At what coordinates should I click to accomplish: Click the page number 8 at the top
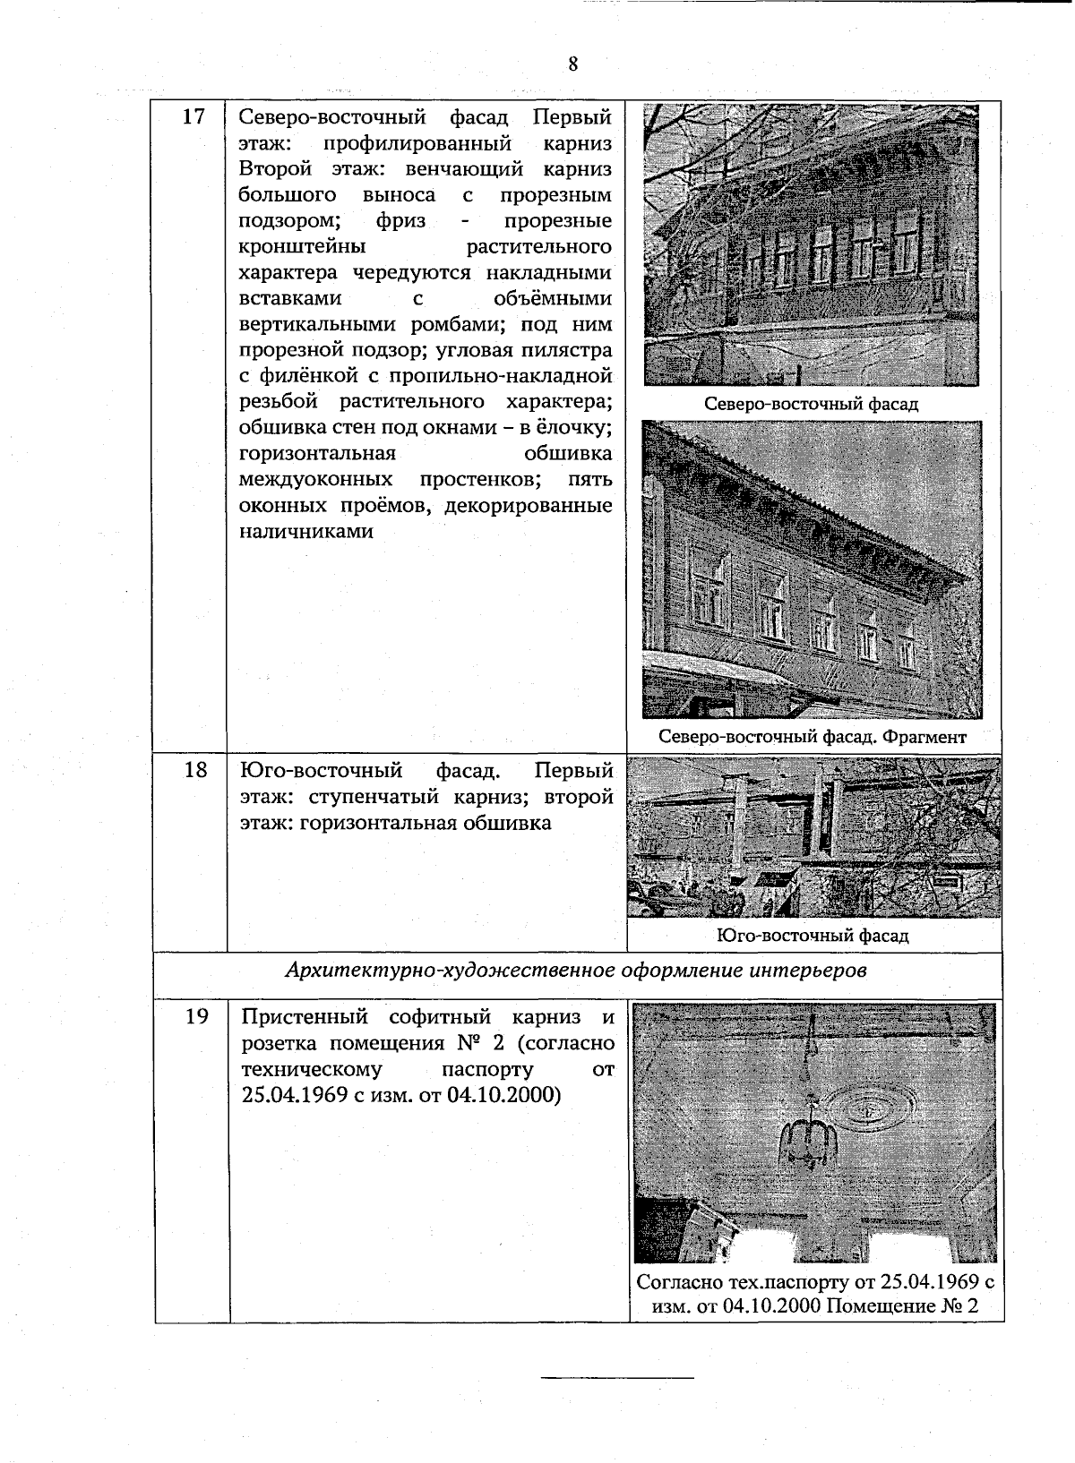572,64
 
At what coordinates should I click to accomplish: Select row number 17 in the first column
193,117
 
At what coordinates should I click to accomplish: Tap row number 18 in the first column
195,770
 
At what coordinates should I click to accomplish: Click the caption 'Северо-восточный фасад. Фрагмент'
813,737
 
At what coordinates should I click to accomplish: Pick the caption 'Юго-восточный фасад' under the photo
813,936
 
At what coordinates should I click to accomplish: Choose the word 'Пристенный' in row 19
305,1017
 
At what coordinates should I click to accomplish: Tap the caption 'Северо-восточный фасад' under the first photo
811,404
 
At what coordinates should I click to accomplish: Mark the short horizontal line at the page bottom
618,1376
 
